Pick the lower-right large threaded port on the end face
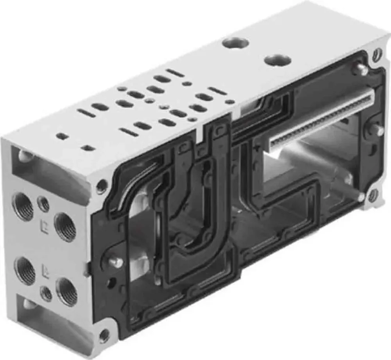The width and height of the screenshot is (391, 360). point(66,291)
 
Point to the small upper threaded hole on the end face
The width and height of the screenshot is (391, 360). point(43,204)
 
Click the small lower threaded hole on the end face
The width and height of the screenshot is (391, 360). point(47,293)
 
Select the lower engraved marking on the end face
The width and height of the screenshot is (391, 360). point(45,270)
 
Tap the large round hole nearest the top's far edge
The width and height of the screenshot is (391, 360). point(235,43)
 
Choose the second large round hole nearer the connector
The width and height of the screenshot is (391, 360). point(277,60)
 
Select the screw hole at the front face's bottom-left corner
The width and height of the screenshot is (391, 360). point(104,335)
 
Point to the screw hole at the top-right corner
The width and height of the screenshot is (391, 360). point(377,54)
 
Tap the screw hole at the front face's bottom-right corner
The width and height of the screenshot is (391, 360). point(373,195)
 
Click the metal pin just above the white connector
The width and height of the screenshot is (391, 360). point(360,69)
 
